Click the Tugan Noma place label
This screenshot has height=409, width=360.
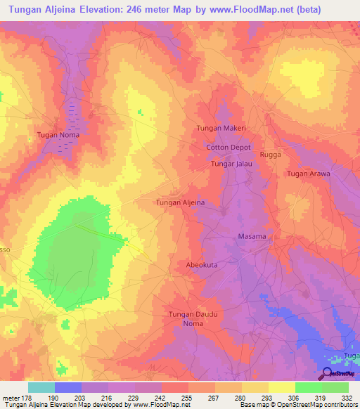tap(58, 135)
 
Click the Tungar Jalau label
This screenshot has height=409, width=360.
tap(231, 164)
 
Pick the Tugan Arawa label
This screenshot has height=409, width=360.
tap(308, 174)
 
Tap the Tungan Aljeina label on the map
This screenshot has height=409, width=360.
tap(180, 202)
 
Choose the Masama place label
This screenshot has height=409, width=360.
tap(252, 236)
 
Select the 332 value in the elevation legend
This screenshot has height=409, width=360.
tap(348, 397)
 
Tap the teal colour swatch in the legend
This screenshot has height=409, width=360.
tap(41, 387)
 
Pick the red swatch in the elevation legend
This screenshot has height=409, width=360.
tap(175, 387)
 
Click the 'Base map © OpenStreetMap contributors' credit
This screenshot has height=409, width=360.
tap(297, 405)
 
